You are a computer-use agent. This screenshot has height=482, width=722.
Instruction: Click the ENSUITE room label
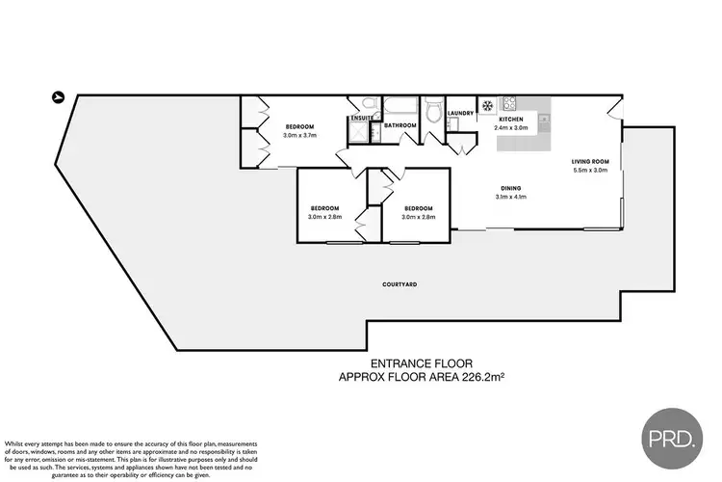(362, 119)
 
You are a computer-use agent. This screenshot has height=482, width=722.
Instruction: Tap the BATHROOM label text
(400, 125)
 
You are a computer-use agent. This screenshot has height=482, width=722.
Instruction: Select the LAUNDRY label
(461, 113)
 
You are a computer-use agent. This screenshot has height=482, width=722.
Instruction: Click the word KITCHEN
(510, 118)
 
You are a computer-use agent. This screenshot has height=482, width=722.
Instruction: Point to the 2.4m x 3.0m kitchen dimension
(510, 127)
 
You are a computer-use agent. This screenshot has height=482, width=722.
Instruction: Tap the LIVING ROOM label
(588, 161)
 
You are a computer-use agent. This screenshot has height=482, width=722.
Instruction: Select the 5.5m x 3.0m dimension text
(588, 171)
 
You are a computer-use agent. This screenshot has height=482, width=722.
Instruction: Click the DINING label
(511, 188)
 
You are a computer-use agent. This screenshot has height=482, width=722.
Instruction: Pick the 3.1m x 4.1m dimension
(511, 198)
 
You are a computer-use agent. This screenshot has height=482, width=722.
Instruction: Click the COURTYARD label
(399, 285)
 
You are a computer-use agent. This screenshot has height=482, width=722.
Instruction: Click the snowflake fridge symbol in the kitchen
(487, 104)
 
